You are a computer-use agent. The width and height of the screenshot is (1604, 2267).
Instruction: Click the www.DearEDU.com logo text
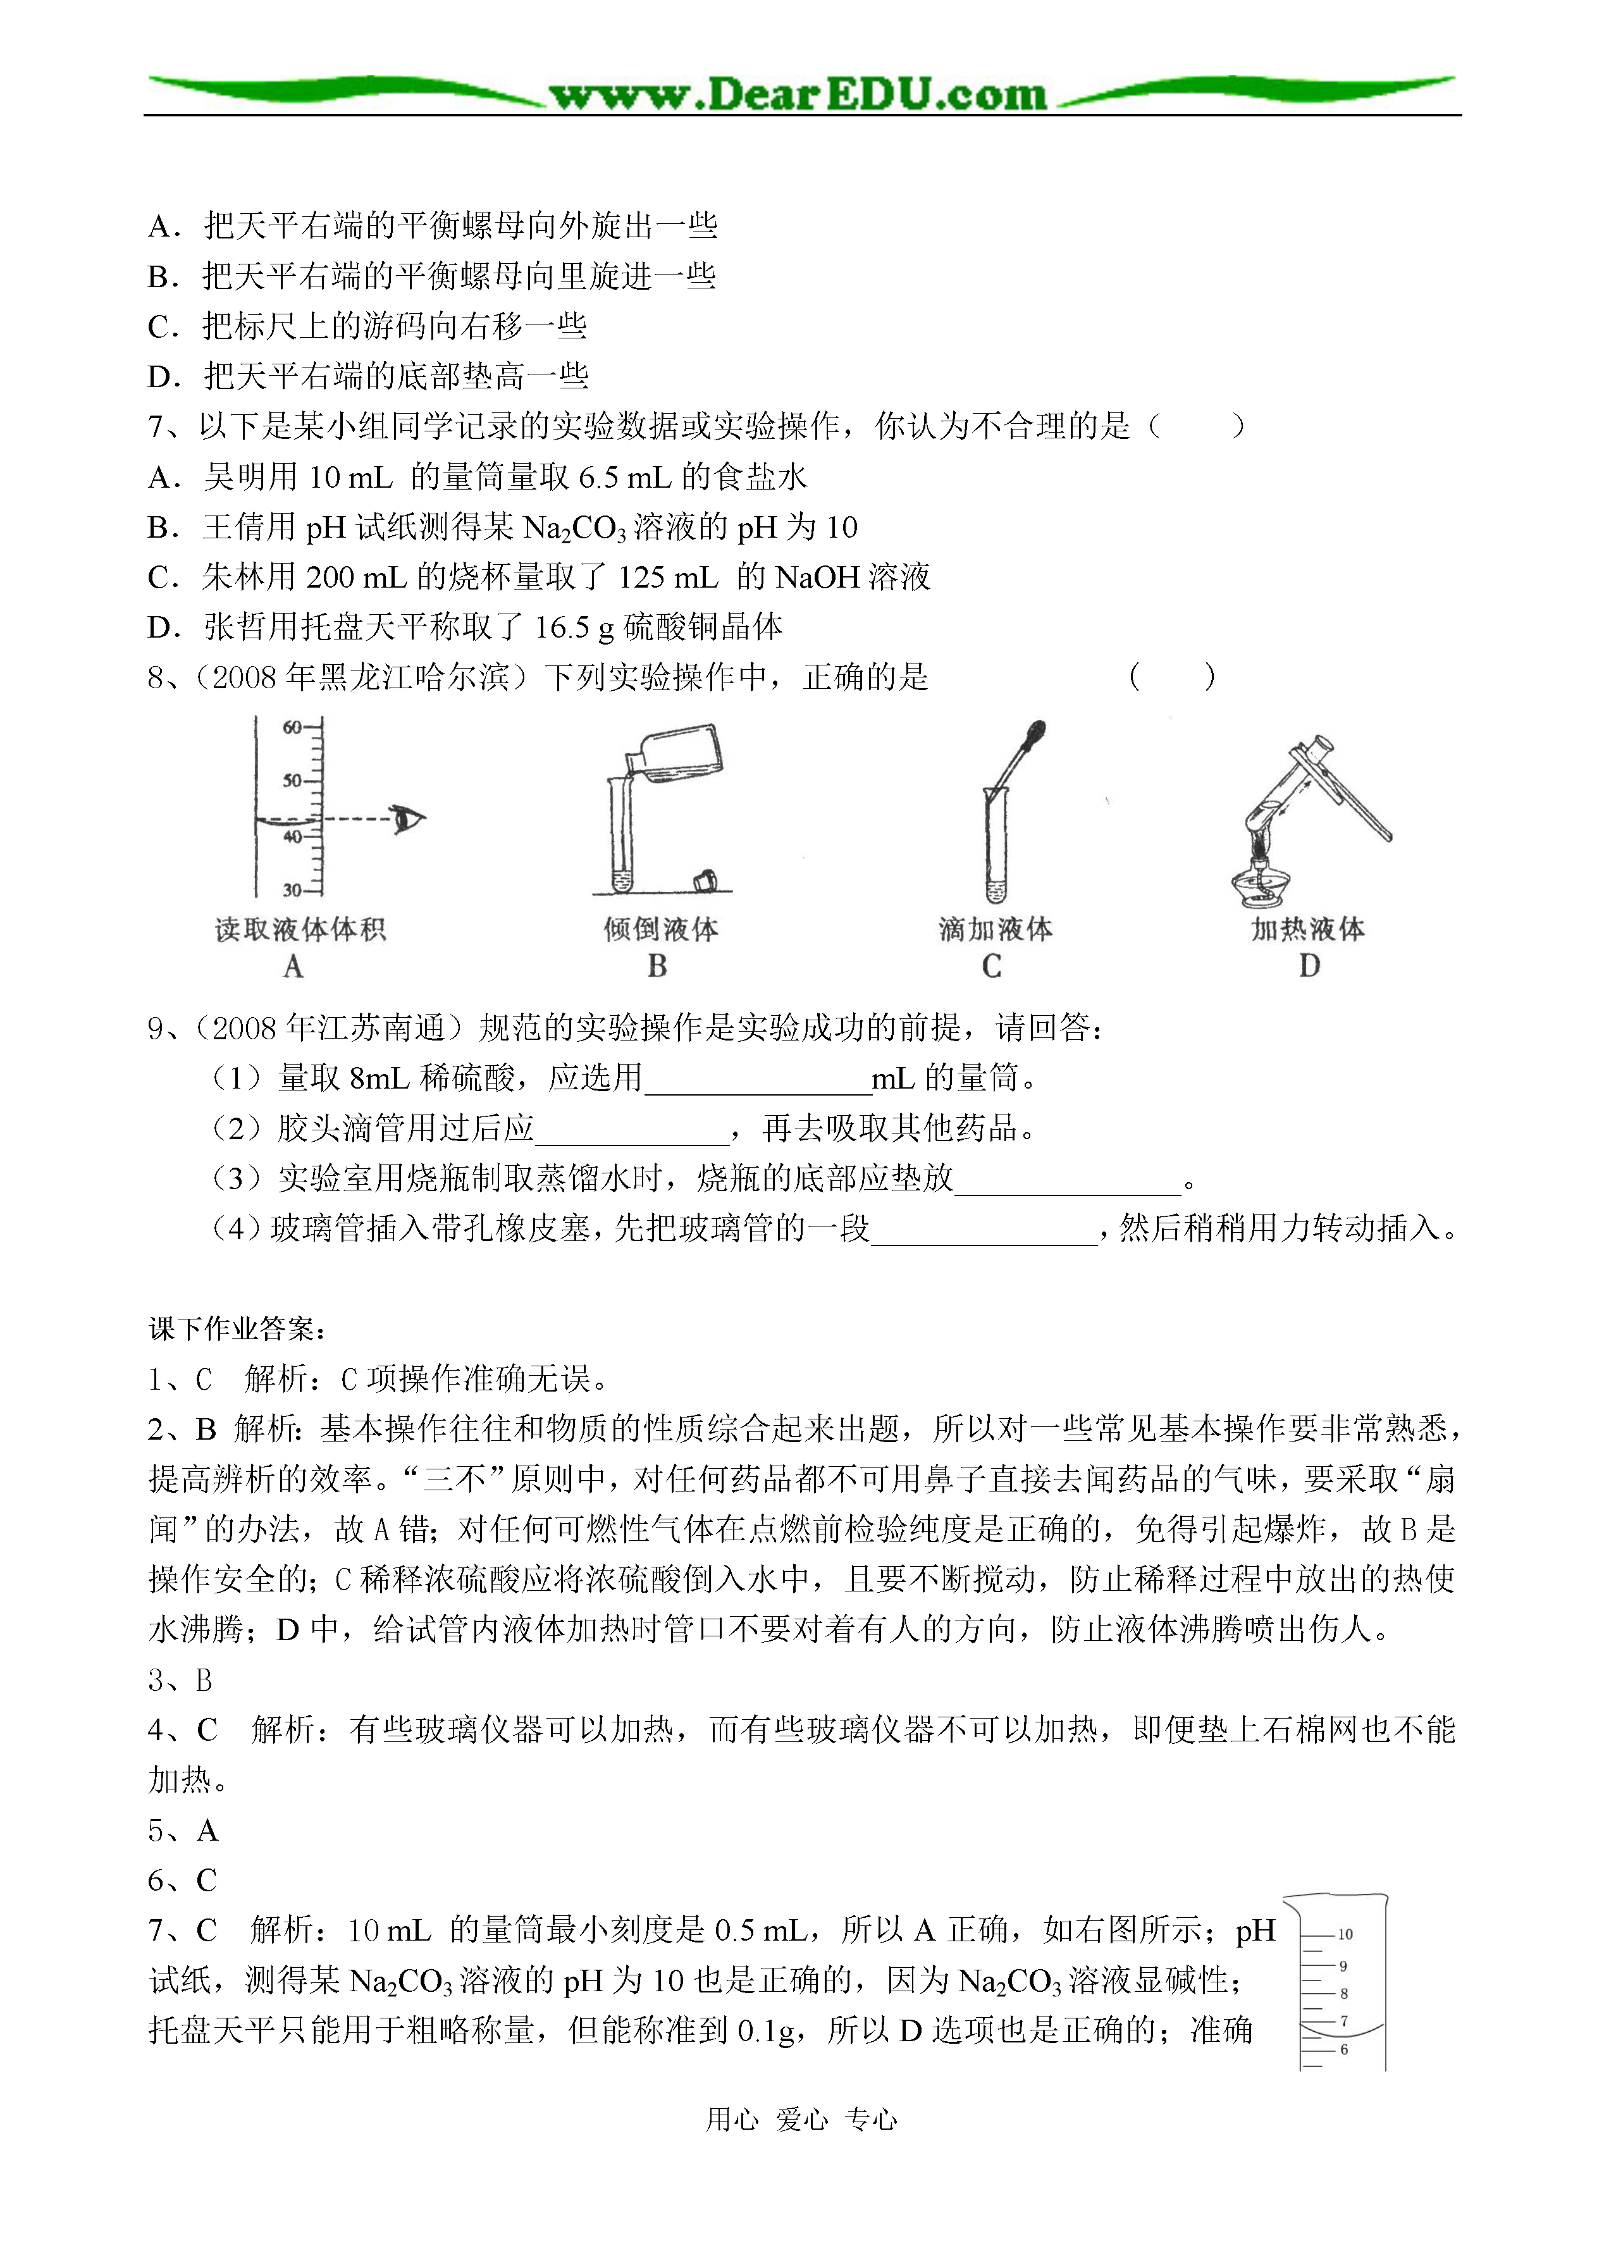798,95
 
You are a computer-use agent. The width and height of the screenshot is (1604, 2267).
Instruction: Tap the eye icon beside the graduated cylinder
406,819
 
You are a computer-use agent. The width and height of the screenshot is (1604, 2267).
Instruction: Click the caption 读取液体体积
300,930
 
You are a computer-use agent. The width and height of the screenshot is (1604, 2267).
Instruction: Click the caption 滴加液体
996,930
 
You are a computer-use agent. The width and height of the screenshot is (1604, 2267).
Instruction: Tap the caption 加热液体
1308,930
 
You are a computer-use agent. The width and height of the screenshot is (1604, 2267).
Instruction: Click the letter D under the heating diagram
1309,966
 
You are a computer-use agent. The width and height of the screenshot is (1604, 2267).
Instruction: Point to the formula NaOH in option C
818,577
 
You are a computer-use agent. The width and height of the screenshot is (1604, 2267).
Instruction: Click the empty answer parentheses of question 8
1173,677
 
